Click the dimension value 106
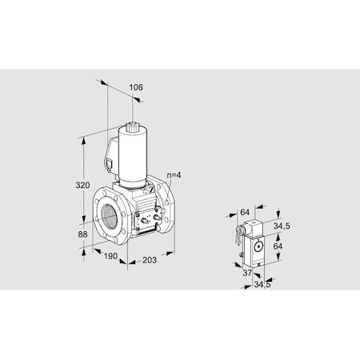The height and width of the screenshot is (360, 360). (136, 87)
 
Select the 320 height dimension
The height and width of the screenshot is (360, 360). (82, 185)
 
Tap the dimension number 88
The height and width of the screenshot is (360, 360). (82, 234)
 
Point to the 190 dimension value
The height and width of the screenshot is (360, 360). (110, 256)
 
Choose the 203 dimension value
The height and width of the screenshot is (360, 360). (150, 260)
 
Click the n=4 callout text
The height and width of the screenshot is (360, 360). (174, 175)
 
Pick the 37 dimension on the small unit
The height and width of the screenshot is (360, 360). (247, 273)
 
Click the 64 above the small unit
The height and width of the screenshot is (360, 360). (245, 212)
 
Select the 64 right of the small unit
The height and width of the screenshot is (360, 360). (278, 246)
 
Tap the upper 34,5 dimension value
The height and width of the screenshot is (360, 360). (282, 226)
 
